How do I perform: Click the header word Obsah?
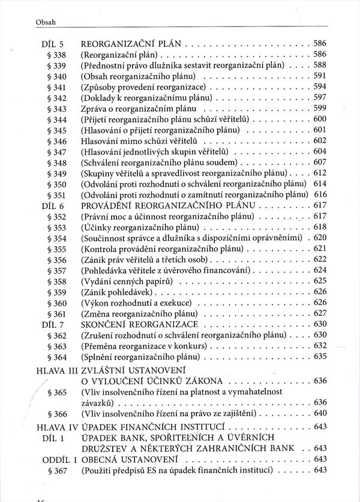[x=30, y=22]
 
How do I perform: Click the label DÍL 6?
[x=53, y=206]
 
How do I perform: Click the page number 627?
[x=319, y=314]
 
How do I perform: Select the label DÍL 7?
[x=53, y=325]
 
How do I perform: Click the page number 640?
[x=319, y=414]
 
